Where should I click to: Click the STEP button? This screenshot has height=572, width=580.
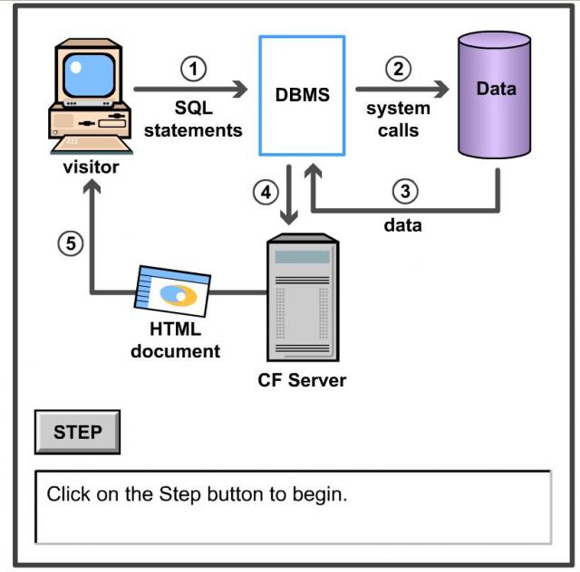coord(77,432)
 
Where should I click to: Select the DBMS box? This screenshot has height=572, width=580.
coord(302,95)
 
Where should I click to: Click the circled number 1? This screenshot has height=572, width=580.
coord(193,68)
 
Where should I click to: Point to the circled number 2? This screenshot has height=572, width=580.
coord(398,68)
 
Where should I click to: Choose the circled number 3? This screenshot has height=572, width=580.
coord(405,192)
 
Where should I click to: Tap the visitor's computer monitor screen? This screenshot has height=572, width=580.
coord(91,71)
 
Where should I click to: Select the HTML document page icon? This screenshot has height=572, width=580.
coord(172,292)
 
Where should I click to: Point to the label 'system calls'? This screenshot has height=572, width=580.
coord(398,119)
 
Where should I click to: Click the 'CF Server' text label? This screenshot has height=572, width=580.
coord(302,380)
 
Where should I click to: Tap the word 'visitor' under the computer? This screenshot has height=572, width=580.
coord(91,167)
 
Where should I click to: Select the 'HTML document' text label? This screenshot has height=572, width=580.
coord(175,340)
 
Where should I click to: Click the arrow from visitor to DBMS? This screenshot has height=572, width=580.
coord(190,90)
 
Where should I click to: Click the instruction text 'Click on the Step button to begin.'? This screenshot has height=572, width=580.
coord(197,495)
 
